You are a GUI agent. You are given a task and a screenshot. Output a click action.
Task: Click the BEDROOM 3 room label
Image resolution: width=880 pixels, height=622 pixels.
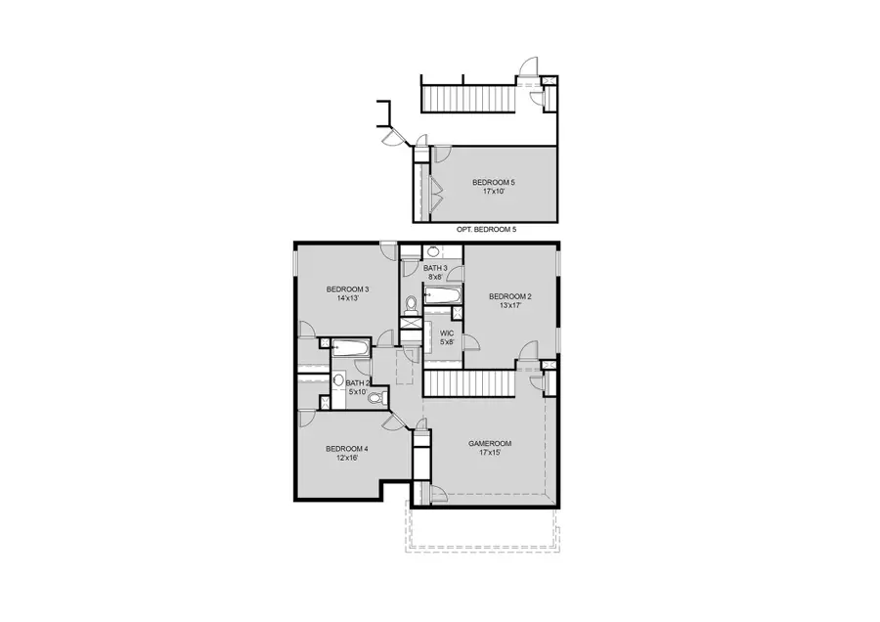347,289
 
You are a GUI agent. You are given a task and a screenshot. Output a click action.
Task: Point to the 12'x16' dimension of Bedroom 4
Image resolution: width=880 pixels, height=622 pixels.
347,458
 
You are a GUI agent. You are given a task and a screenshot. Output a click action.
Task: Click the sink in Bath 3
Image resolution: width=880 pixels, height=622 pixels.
433,252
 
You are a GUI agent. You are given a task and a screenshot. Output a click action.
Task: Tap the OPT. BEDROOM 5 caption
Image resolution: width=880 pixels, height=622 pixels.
486,229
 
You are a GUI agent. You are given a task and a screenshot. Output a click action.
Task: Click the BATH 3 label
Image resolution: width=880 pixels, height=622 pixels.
435,268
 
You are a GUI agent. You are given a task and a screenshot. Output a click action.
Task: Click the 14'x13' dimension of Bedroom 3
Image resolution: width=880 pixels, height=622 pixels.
347,298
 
